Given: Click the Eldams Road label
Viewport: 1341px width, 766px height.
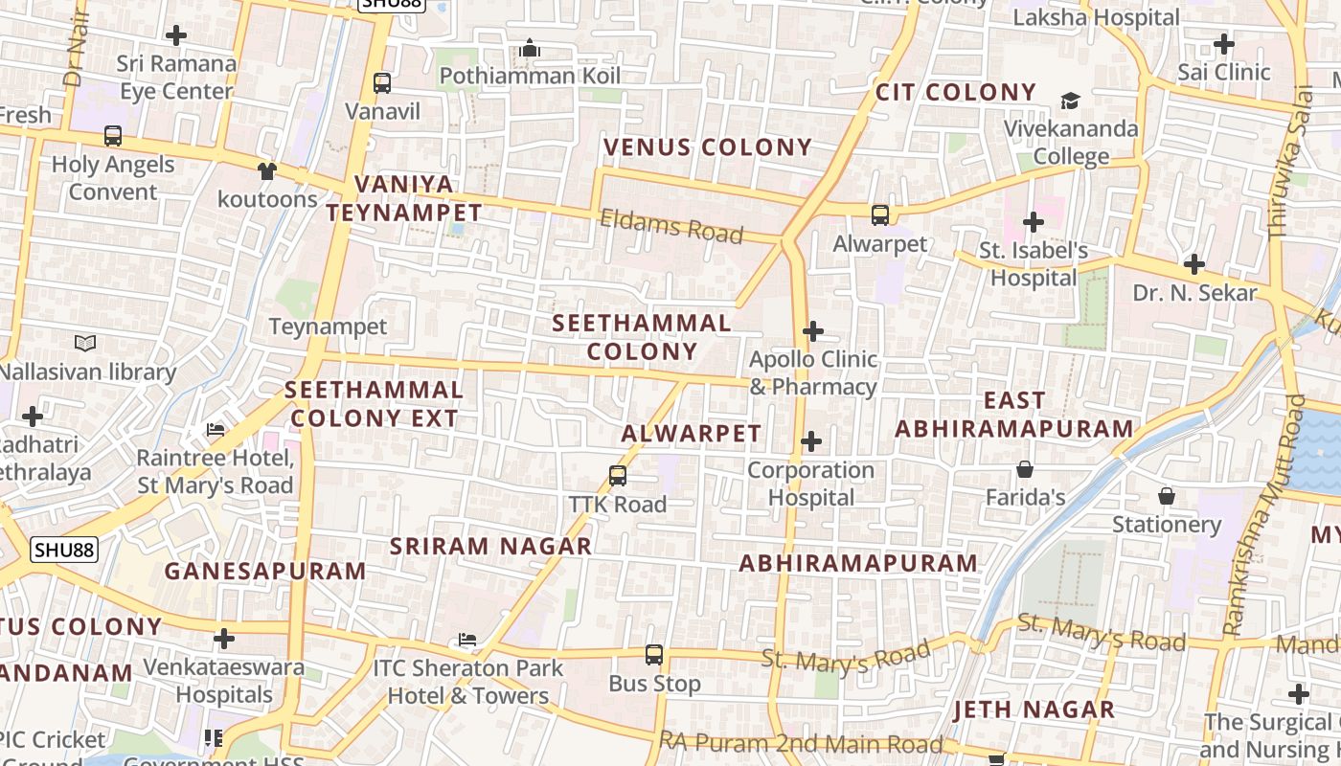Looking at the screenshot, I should coord(671,227).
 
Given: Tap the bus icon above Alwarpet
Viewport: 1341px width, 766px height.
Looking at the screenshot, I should coord(879,215).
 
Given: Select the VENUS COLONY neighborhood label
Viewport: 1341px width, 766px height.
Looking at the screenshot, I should coord(708,147).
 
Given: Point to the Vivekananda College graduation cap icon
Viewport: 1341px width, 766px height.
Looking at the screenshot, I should coord(1070,101).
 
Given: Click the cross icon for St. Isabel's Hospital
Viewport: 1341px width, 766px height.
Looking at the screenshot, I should coord(1033,222).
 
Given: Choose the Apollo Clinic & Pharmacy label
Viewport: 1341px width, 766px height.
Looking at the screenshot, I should coord(813,372).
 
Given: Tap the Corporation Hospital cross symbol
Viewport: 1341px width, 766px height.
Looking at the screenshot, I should coord(811,441).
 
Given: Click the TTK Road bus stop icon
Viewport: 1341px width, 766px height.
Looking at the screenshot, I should coord(618,475).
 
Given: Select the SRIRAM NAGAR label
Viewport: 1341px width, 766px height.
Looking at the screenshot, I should coord(490,546).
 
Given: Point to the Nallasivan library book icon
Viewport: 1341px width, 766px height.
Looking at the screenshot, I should coord(85,343).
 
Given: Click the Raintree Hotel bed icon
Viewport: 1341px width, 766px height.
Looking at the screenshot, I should coord(216,430).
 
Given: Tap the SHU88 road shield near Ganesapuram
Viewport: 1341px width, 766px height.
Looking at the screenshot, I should coord(64,550).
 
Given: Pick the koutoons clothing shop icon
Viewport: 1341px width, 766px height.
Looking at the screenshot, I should coord(266,171).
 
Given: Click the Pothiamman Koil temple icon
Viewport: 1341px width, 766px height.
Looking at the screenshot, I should coord(530,48).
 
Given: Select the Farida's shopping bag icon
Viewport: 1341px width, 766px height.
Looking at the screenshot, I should coord(1025,469).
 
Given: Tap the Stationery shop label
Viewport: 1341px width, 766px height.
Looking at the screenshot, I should coord(1166,524).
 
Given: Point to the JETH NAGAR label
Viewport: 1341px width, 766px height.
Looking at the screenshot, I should coord(1034,710).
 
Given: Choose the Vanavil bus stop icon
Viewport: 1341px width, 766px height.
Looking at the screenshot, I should coord(382,83).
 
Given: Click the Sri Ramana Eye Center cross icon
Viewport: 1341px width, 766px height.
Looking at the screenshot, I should coord(176,36).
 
